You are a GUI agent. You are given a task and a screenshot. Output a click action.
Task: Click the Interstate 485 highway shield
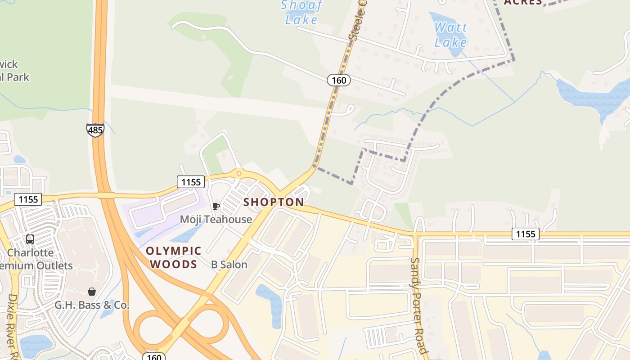[x=95, y=130]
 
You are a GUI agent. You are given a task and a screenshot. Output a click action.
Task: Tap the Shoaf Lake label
[x=301, y=12]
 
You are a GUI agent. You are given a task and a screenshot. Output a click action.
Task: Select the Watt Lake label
[x=450, y=35]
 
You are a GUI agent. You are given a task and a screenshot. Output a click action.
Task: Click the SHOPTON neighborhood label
[x=274, y=202]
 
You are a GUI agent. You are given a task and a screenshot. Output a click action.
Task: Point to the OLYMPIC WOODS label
[x=174, y=257]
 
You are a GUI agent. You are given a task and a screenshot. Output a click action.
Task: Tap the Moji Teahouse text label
[x=216, y=219]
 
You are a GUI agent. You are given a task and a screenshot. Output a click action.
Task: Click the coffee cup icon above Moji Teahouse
[x=216, y=206]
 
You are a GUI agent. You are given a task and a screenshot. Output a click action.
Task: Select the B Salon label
[x=229, y=265]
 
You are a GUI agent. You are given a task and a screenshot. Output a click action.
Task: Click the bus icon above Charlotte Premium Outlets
[x=30, y=239]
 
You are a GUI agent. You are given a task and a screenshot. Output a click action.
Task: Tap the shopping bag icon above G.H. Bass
[x=92, y=292]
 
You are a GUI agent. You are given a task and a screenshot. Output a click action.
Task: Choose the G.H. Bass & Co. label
[x=92, y=305]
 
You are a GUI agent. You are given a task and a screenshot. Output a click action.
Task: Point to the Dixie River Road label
[x=13, y=326]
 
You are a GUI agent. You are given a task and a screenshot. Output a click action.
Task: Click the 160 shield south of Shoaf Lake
[x=338, y=80]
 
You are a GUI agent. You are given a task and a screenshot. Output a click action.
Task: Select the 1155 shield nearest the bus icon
[x=28, y=199]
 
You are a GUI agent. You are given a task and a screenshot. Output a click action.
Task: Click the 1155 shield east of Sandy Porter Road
[x=526, y=234]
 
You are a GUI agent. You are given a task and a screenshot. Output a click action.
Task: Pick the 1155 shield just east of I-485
[x=191, y=182]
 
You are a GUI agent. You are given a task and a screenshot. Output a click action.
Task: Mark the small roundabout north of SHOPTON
[x=238, y=173]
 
